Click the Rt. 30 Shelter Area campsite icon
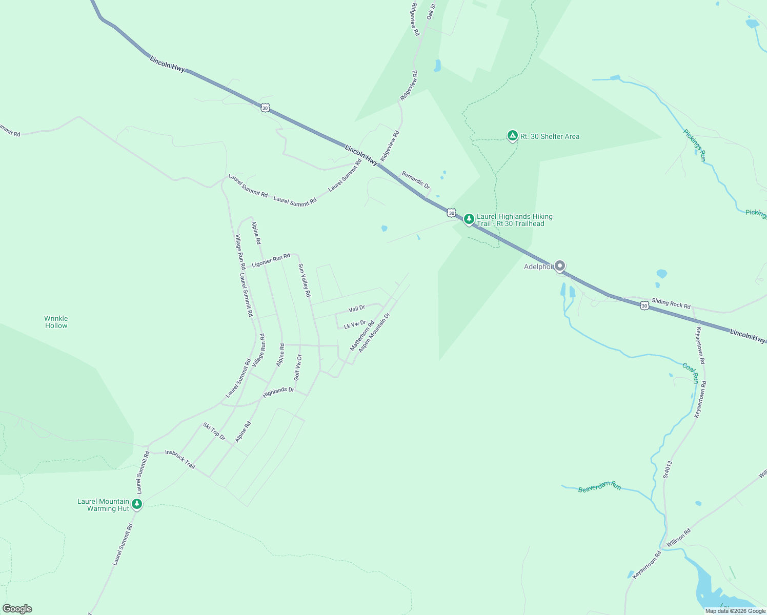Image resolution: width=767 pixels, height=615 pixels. [x=512, y=136]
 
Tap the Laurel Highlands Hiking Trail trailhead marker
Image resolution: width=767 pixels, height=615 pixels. [x=469, y=219]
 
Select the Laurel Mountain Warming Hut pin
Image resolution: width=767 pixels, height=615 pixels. [x=136, y=504]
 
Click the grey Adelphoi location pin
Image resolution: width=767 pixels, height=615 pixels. [x=560, y=266]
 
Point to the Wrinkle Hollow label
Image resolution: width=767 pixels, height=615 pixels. [x=56, y=322]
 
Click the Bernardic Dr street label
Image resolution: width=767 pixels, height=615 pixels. [x=416, y=180]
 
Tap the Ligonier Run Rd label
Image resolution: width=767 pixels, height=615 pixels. [x=271, y=260]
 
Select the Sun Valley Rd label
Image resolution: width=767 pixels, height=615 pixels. [x=305, y=280]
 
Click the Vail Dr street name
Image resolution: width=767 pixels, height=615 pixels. [x=357, y=309]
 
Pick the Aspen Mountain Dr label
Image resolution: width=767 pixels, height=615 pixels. [x=374, y=333]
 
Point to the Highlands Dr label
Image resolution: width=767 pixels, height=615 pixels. [x=278, y=393]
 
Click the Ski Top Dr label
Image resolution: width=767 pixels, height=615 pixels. [x=214, y=431]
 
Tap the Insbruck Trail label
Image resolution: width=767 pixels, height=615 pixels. [x=180, y=459]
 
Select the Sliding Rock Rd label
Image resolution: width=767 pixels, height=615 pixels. [x=671, y=303]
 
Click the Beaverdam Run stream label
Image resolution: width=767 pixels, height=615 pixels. [x=599, y=487]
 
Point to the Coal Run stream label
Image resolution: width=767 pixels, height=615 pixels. [x=691, y=373]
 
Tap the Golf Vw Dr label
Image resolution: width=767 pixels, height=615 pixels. [x=298, y=367]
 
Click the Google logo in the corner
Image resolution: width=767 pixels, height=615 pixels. [x=17, y=609]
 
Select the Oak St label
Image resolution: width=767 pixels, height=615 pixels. [x=431, y=12]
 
